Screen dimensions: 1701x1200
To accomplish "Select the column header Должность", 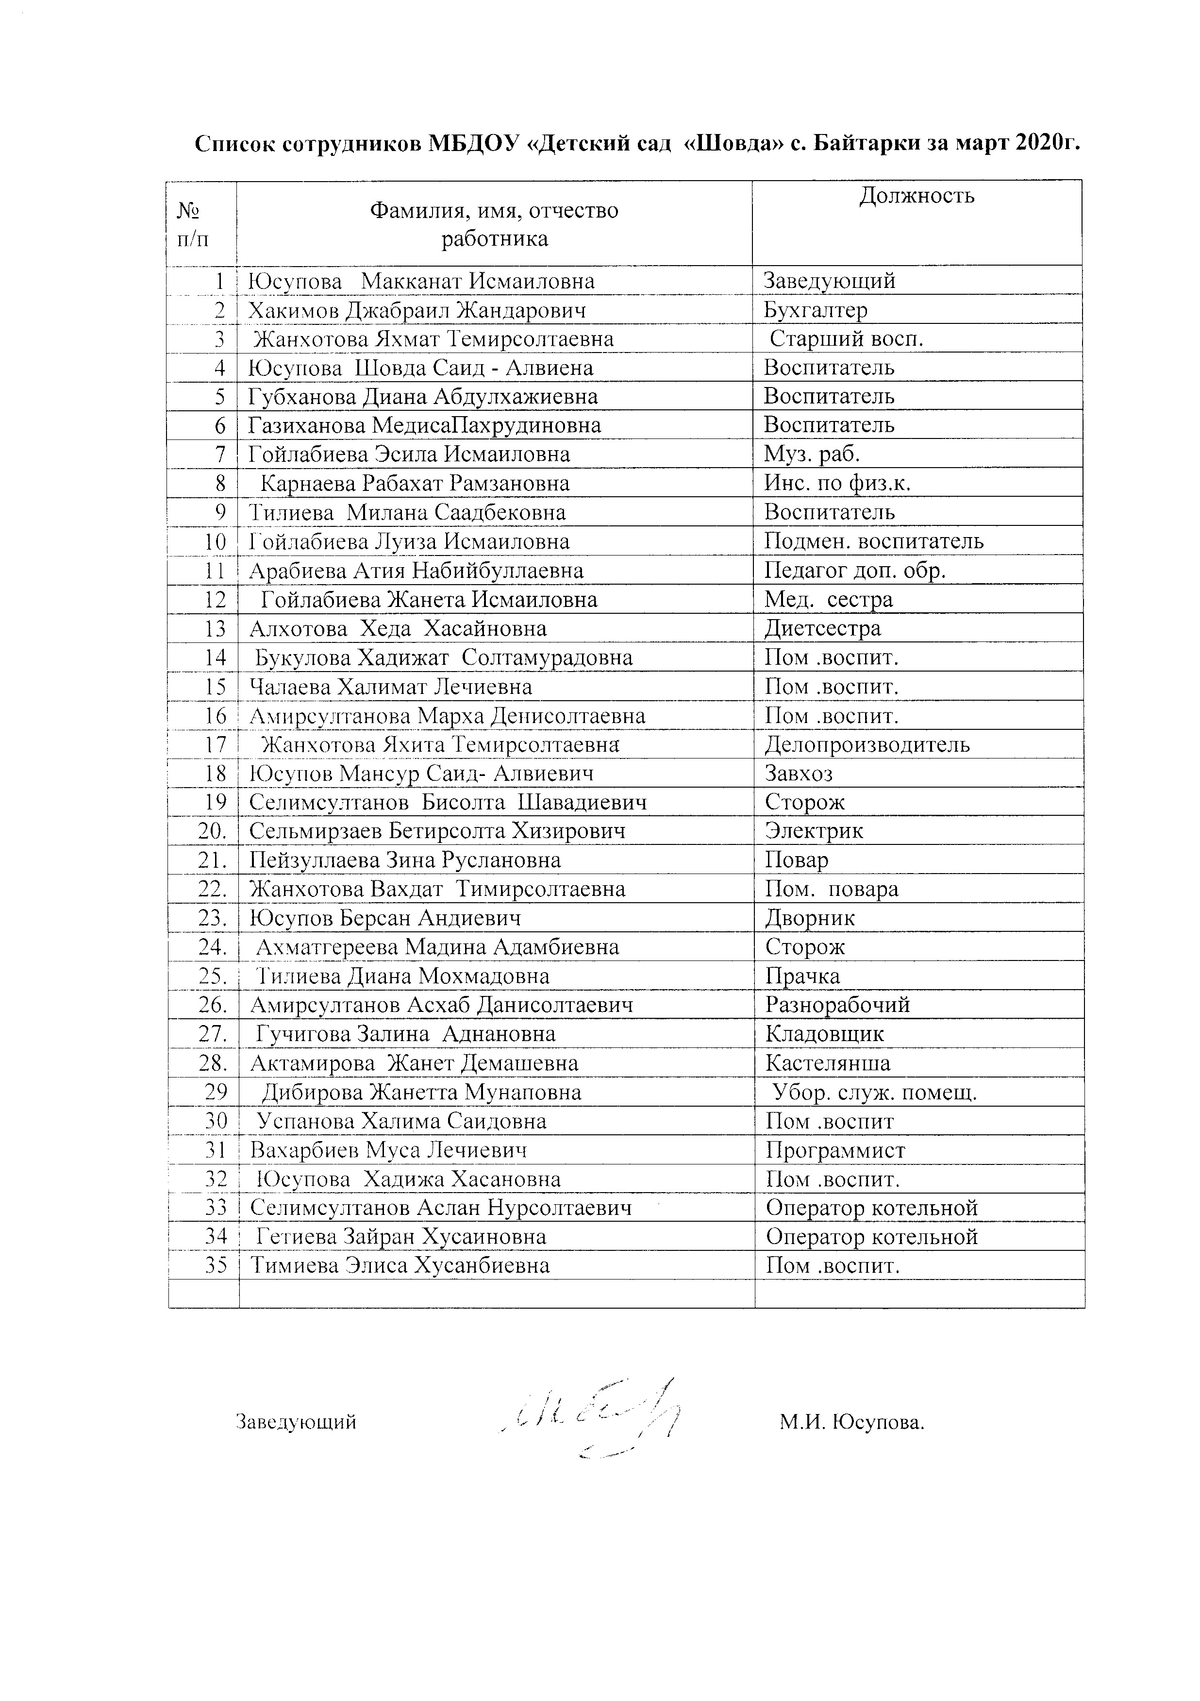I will [x=917, y=196].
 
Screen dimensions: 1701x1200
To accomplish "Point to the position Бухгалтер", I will [x=815, y=310].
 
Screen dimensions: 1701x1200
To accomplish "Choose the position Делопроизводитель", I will [x=867, y=744].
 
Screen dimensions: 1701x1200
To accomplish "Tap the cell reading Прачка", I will [x=802, y=977].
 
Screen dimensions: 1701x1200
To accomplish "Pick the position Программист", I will [x=835, y=1150].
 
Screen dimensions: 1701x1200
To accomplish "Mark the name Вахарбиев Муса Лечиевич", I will [x=388, y=1150].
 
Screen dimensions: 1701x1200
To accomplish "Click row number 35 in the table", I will [x=216, y=1265].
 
